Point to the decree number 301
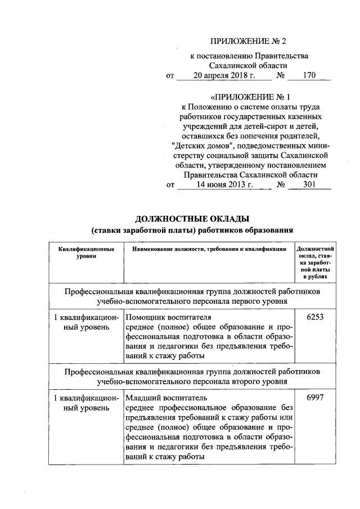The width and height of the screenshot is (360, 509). tap(309, 184)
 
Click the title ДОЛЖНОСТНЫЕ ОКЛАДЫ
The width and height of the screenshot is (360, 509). tap(192, 218)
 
